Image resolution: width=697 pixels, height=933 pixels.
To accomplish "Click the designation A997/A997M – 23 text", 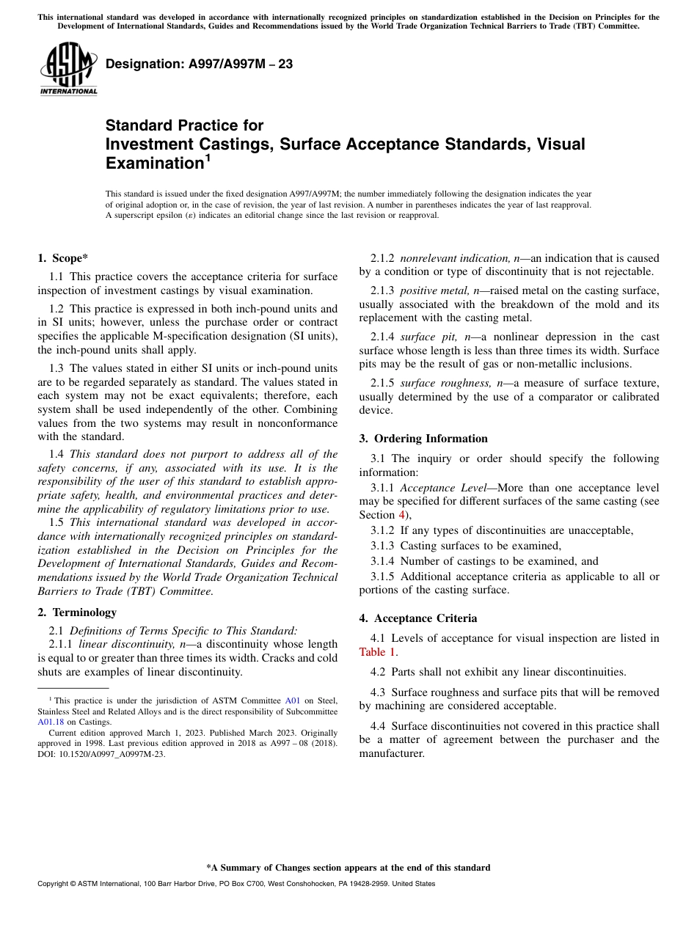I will point(199,64).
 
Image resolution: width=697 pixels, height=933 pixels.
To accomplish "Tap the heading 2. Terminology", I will point(77,612).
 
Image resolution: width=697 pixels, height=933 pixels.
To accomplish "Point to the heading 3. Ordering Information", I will point(423,439).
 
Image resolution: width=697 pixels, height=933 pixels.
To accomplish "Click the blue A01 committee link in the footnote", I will point(292,701).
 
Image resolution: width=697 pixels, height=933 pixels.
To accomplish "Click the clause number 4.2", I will point(378,672).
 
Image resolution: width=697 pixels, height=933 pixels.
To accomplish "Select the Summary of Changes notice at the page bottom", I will point(348,868).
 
